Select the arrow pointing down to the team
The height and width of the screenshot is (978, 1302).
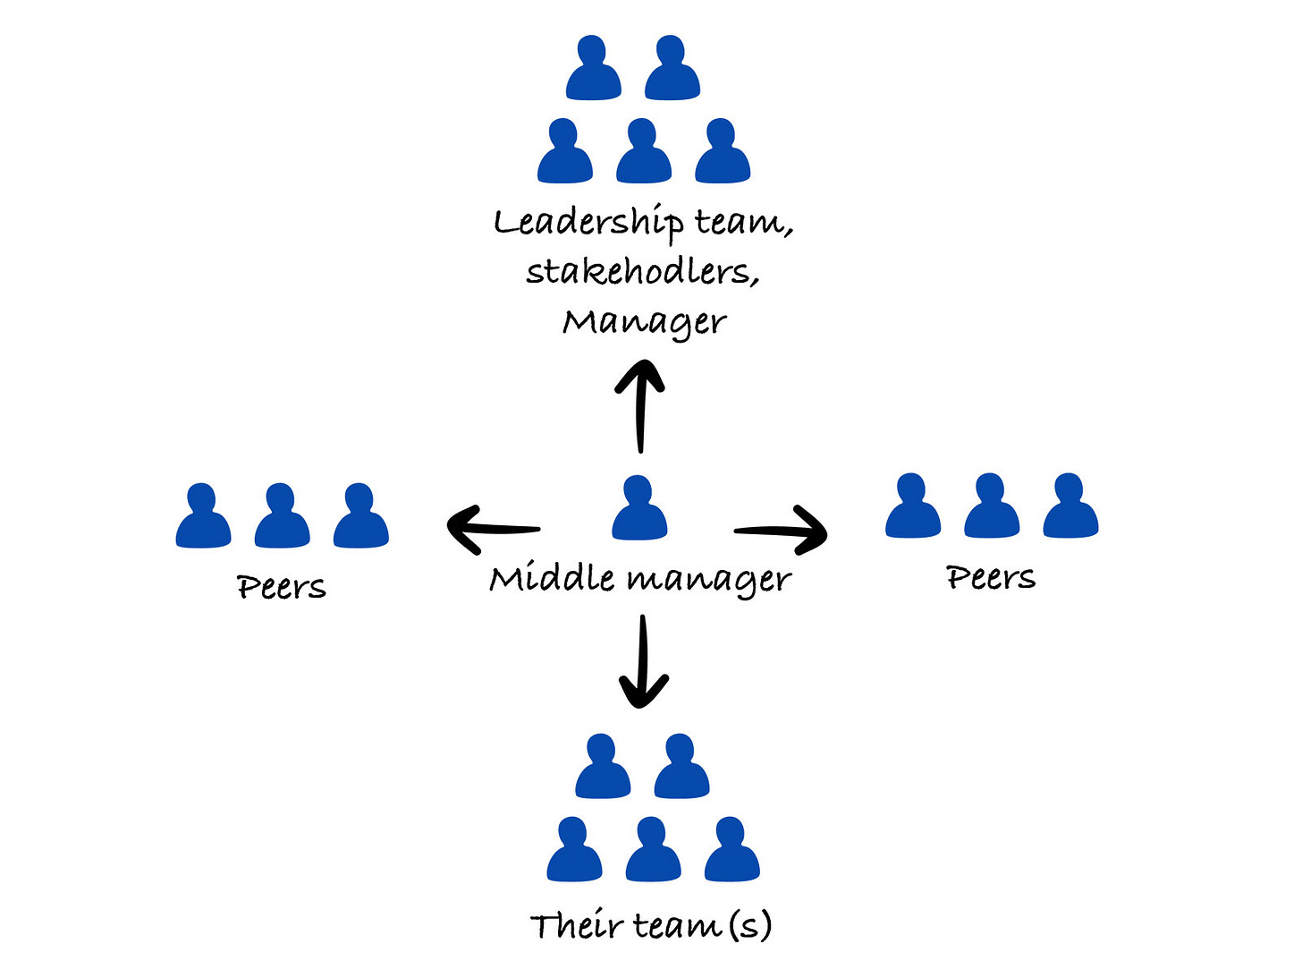[643, 662]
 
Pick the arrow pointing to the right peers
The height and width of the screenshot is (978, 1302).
[781, 532]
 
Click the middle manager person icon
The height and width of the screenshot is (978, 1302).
[639, 508]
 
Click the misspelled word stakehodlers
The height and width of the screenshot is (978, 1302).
[642, 271]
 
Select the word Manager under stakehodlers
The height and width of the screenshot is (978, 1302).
[644, 322]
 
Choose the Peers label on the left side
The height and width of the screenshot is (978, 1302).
[282, 587]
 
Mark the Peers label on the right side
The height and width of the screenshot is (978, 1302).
[991, 577]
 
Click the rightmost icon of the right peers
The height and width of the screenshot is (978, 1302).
[1070, 506]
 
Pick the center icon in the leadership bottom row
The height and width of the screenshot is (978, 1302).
[644, 151]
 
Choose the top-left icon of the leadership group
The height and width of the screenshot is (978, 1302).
[593, 68]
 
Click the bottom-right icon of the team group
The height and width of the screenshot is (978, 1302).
[731, 849]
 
